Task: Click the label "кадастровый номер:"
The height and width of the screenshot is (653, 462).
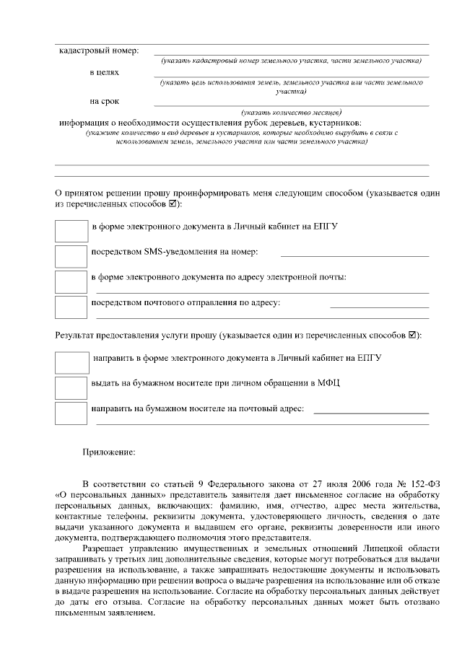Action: click(98, 51)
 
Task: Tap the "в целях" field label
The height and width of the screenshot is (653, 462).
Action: click(105, 73)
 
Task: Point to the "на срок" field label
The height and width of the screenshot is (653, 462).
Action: click(105, 101)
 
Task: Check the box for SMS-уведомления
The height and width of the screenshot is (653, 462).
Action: click(71, 255)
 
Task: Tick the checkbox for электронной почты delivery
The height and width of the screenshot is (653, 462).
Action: click(71, 281)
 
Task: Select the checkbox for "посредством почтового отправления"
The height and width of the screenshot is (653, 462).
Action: click(71, 307)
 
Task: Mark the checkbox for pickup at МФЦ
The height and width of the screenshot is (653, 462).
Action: click(71, 387)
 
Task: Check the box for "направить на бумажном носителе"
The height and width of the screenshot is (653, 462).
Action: click(71, 413)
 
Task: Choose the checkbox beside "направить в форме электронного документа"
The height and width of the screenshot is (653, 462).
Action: click(71, 361)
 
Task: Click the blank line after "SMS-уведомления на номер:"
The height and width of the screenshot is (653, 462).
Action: click(354, 255)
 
